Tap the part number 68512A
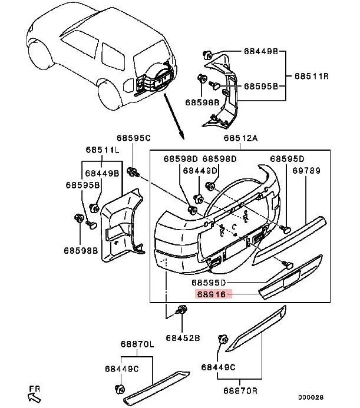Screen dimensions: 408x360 point(239,140)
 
